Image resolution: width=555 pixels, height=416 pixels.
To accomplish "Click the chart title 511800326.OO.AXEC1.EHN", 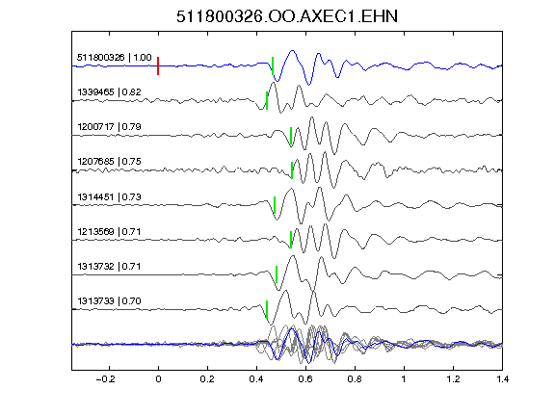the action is (287, 16).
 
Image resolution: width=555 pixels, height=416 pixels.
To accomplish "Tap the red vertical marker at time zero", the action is (158, 65).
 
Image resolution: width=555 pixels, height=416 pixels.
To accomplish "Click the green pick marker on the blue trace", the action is (273, 65).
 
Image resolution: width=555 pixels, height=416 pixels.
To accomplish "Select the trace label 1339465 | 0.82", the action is (110, 92).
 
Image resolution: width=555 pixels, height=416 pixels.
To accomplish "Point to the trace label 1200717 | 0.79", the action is (110, 127).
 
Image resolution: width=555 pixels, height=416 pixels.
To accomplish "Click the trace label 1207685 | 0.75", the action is (110, 162).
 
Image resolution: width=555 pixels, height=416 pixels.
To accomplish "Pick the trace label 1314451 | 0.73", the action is (110, 196).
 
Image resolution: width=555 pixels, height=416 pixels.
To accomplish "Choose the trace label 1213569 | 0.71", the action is (110, 232).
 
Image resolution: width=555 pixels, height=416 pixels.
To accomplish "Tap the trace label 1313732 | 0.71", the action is (110, 266).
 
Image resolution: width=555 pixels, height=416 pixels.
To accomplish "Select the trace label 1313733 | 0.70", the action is (110, 301).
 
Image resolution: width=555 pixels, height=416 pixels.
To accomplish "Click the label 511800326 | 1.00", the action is (115, 58).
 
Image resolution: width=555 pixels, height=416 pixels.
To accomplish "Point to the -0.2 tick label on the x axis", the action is (106, 379).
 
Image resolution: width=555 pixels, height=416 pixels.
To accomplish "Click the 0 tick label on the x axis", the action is (158, 379).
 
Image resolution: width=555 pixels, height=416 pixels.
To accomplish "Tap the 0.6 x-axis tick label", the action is (305, 379).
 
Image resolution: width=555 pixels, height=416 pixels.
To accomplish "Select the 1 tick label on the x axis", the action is (404, 379).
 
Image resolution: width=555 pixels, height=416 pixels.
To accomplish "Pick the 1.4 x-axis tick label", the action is (502, 379).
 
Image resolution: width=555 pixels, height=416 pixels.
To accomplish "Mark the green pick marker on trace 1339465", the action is (267, 100).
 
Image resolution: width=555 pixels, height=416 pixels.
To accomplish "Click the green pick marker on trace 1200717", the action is (291, 136).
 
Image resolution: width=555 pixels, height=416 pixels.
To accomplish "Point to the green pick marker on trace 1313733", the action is (267, 309).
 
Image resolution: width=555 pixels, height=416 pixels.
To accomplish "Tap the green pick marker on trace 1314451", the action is (275, 205).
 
